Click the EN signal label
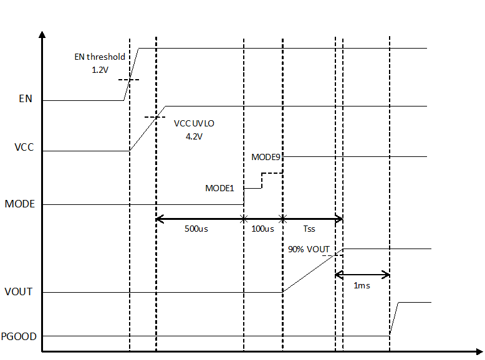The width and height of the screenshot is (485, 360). [x=26, y=98]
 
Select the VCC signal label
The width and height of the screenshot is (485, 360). [x=24, y=148]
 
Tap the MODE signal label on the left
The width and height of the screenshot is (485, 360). [x=19, y=204]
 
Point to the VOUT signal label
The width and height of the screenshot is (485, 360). [x=19, y=291]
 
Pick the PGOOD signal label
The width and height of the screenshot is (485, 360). [x=19, y=336]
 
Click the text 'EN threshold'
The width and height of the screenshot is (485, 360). [x=100, y=57]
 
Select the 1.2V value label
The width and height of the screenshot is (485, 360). [x=100, y=70]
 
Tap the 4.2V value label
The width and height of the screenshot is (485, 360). [x=194, y=136]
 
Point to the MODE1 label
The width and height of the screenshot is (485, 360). [x=219, y=187]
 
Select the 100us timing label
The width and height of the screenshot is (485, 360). [x=262, y=229]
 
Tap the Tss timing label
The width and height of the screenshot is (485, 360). [x=309, y=229]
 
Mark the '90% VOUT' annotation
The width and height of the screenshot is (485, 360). [x=309, y=249]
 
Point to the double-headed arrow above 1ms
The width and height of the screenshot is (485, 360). [x=362, y=275]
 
